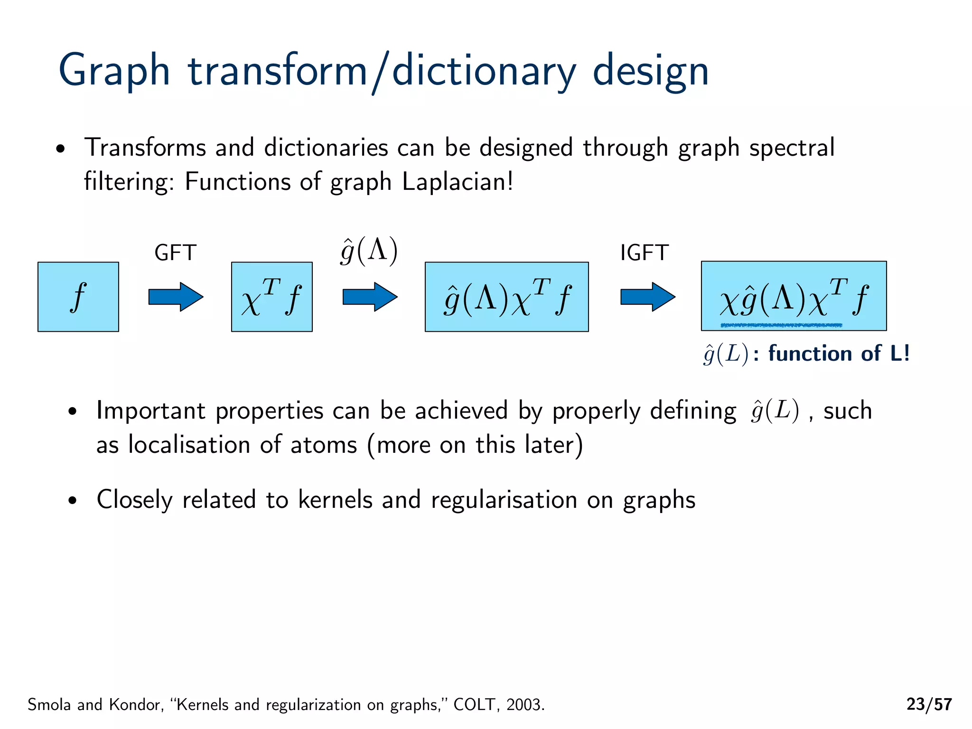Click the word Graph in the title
click(114, 71)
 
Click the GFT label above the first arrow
click(175, 253)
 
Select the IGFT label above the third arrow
click(644, 253)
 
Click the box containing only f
click(78, 297)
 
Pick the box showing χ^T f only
click(271, 297)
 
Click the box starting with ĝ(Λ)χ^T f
click(506, 297)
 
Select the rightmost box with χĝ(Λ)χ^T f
click(794, 295)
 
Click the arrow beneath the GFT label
click(176, 297)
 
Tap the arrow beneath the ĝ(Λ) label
click(370, 297)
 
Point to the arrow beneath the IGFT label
click(648, 297)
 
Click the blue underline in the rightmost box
click(781, 325)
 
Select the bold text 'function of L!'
click(839, 354)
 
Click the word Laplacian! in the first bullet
click(458, 182)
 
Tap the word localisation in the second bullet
click(189, 445)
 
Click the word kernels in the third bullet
click(335, 500)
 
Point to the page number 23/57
click(929, 704)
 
